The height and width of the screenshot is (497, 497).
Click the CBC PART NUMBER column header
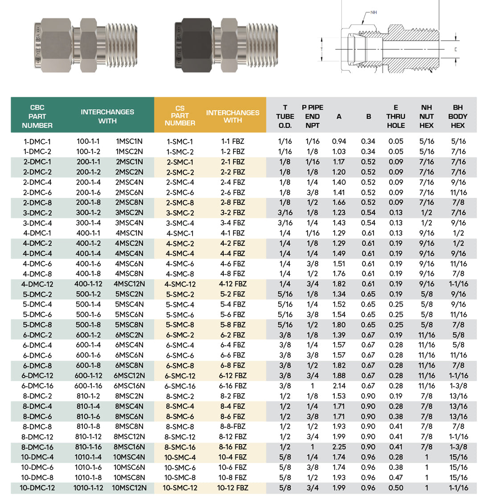[37, 116]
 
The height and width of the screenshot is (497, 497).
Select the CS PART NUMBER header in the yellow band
[180, 115]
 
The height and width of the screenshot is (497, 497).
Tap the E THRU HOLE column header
[395, 116]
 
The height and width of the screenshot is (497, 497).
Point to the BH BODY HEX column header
[458, 116]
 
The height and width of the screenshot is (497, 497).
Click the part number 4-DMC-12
[37, 284]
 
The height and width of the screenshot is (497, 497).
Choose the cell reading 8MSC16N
[129, 447]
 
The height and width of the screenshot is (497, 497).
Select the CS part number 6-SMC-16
[180, 386]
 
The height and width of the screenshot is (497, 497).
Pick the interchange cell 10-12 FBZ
[233, 488]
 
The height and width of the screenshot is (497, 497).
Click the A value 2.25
[339, 447]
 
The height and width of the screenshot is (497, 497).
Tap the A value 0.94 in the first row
[339, 141]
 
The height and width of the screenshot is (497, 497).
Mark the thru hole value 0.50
[395, 488]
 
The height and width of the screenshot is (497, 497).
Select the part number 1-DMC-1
[37, 141]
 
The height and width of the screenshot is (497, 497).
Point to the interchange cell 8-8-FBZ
[233, 427]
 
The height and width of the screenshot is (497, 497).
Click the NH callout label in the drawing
[374, 12]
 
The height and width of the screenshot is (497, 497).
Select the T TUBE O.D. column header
[285, 116]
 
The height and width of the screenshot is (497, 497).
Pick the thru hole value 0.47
[395, 477]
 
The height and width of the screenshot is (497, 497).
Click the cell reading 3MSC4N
[129, 223]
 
